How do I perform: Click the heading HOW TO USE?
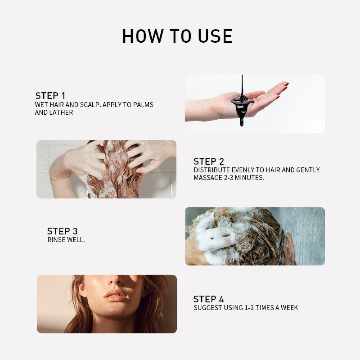click(178, 36)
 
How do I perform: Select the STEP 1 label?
click(50, 96)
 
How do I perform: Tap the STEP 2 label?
click(209, 162)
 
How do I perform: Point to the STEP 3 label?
click(63, 231)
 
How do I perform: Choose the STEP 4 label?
click(208, 299)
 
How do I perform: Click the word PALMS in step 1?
click(143, 105)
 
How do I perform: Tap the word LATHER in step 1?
click(63, 112)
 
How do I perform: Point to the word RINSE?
click(55, 240)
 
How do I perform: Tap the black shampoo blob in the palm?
click(242, 103)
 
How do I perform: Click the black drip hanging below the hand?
click(241, 120)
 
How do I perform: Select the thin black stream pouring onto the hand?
click(242, 85)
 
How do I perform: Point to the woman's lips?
click(115, 296)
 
